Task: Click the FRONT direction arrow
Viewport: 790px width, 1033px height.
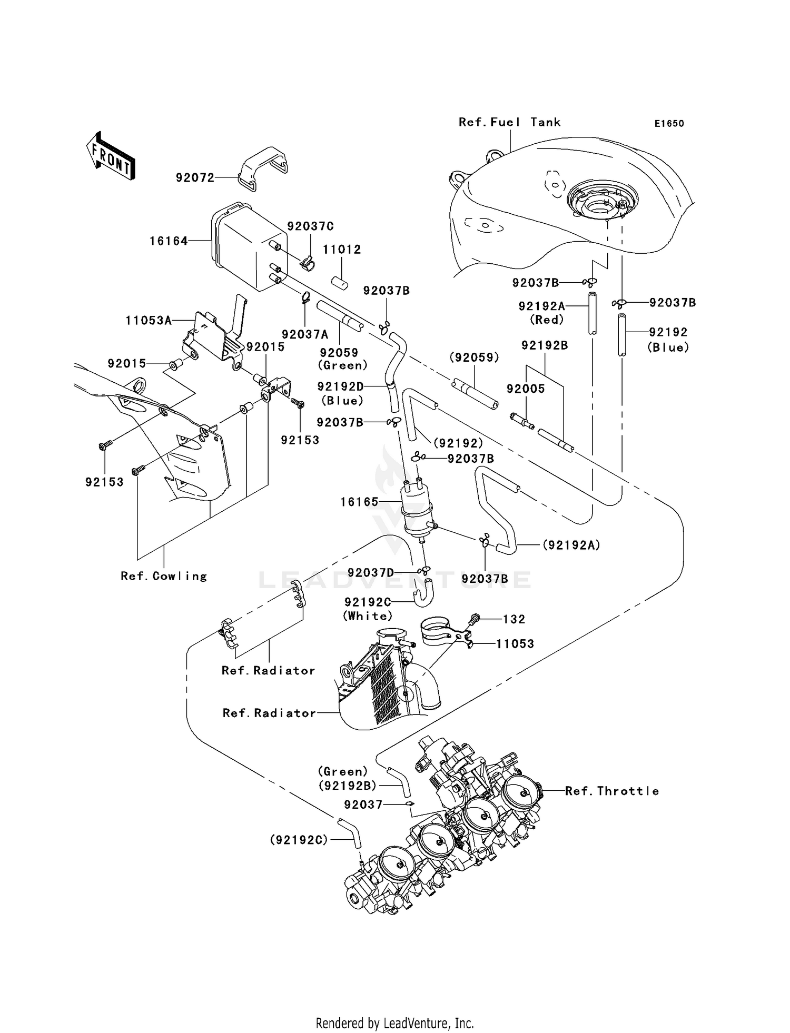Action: point(111,156)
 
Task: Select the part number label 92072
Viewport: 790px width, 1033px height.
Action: point(195,178)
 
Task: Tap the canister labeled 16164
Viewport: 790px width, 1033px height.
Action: point(248,247)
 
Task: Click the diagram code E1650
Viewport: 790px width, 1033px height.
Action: point(669,124)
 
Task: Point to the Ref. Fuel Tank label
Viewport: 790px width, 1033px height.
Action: point(509,122)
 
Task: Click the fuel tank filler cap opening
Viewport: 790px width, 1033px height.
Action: point(602,202)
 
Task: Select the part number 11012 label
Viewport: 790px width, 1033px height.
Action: point(342,250)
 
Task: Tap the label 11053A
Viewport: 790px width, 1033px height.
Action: point(149,320)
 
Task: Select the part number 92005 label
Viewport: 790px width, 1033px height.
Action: point(526,389)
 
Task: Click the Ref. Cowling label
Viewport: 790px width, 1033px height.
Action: point(164,576)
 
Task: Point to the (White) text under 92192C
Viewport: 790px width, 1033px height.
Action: point(368,615)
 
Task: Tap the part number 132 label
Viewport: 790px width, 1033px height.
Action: point(514,619)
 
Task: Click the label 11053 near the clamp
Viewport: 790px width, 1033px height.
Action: point(515,644)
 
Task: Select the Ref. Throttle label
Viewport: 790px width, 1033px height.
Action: point(611,791)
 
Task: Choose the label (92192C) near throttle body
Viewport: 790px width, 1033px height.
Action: point(299,840)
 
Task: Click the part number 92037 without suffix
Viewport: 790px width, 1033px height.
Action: point(363,804)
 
